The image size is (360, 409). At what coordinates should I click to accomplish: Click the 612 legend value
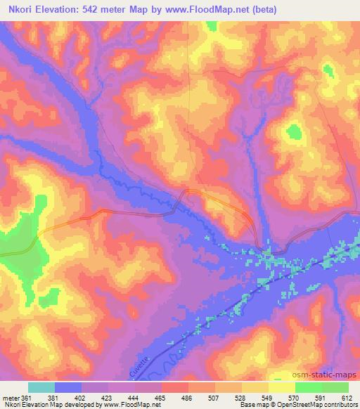point(346,398)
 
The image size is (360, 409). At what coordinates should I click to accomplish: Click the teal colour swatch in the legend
point(41,387)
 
